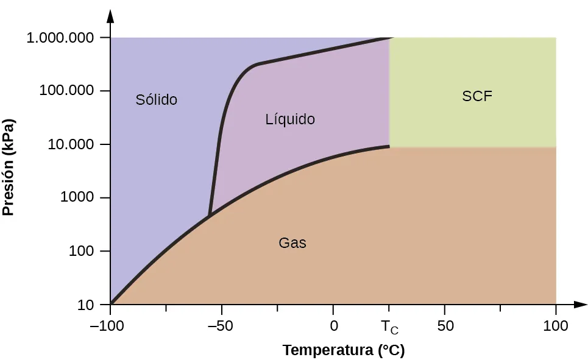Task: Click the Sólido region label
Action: coord(156,99)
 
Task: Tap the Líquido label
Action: coord(290,119)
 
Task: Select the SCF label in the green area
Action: coord(477,96)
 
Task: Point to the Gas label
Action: coord(292,243)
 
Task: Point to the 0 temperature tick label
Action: coord(333,326)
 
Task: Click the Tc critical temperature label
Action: coord(390,328)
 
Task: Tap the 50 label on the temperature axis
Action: coord(445,326)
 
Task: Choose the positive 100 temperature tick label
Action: coord(556,326)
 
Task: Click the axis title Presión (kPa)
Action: coord(9,167)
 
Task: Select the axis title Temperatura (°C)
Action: coord(344,350)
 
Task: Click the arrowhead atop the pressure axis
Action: coord(110,15)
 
